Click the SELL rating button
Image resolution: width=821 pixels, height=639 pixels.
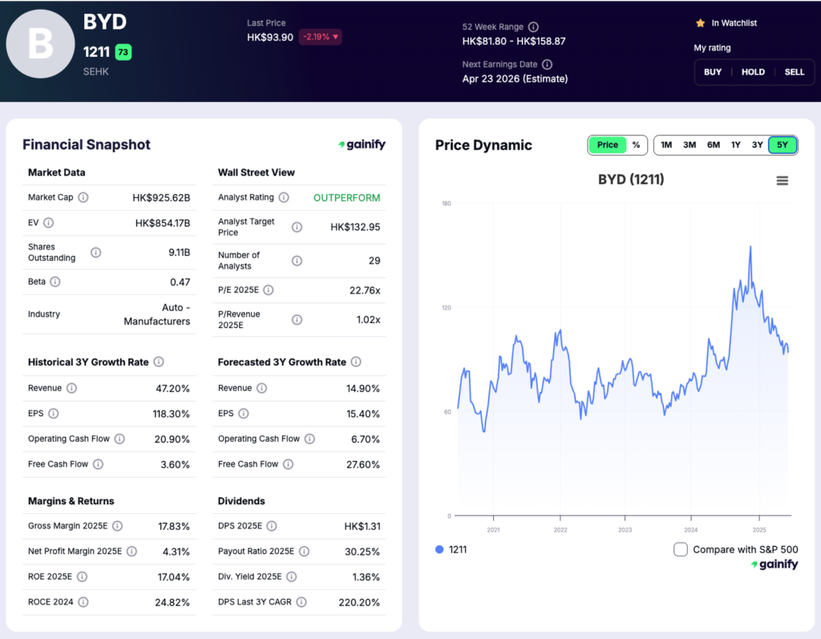coord(794,72)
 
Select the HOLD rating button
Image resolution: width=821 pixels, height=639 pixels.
coord(753,72)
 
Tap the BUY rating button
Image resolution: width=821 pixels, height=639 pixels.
coord(713,72)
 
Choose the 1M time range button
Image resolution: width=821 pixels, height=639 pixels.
coord(666,145)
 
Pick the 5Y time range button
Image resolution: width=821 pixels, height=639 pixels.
coord(783,145)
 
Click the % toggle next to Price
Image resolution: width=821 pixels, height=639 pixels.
coord(636,145)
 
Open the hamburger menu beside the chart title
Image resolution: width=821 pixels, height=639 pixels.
coord(783,180)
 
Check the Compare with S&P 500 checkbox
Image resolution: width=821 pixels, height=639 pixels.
coord(681,549)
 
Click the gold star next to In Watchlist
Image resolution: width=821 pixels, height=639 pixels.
coord(700,23)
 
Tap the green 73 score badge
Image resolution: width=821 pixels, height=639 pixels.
coord(123,52)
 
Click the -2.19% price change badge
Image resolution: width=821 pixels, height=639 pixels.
coord(320,37)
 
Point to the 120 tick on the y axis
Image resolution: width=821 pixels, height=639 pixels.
coord(446,308)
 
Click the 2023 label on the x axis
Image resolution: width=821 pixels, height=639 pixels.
coord(625,530)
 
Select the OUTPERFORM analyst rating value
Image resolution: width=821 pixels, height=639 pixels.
coord(346,197)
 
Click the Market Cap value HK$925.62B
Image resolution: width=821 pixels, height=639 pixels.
coord(161,197)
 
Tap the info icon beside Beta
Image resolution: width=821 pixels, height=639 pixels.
coord(55,282)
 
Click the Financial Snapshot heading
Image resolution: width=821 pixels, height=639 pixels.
coord(87,145)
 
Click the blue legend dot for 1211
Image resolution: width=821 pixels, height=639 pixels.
coord(439,550)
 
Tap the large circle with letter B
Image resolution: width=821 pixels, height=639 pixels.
coord(41,45)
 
